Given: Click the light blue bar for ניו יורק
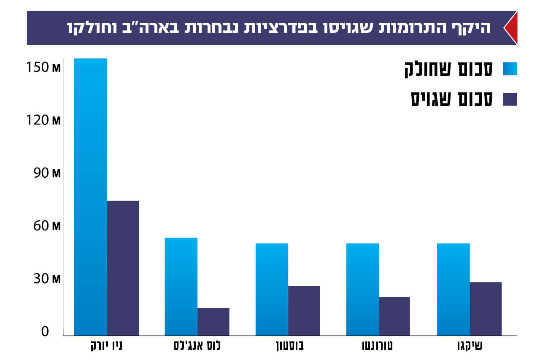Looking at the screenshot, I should (x=90, y=197).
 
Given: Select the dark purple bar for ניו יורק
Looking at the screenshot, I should (x=123, y=268).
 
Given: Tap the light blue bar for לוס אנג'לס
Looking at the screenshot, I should (x=181, y=287).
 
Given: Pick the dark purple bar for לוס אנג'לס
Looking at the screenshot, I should (x=213, y=322).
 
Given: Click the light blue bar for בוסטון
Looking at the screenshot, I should (x=272, y=289).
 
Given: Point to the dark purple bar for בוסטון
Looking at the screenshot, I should (x=304, y=311).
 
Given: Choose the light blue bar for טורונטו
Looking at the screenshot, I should (x=362, y=289).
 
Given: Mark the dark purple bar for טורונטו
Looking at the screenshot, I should (x=394, y=316).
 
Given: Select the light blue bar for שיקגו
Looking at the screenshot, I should (x=453, y=289).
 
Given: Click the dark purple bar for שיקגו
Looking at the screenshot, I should (x=486, y=309).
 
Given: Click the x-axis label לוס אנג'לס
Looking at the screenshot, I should (x=197, y=346).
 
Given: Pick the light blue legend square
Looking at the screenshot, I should (x=510, y=69).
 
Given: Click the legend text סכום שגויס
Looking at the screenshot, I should (x=452, y=99).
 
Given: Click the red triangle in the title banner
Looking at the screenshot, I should (x=511, y=28).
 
